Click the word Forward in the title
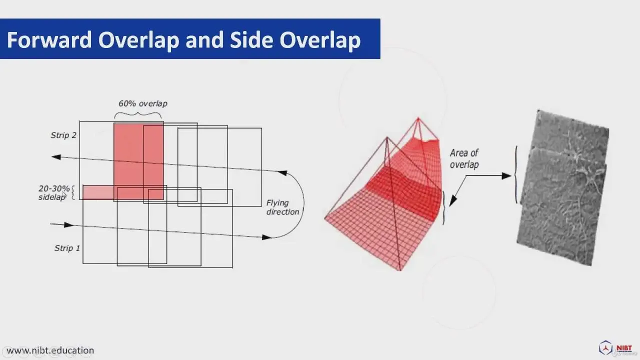pos(49,39)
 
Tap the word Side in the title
pos(248,39)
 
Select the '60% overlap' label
pos(143,103)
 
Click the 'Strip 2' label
pos(63,135)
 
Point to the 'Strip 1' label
pos(67,248)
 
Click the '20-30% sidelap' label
pos(53,192)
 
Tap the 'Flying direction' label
pos(282,207)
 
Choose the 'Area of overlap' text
pos(464,159)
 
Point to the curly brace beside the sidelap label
pos(72,192)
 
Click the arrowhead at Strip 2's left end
pos(56,157)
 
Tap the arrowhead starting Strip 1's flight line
pos(68,225)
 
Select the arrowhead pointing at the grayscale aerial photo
pos(506,175)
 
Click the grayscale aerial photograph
pos(563,187)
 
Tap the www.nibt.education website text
pos(50,350)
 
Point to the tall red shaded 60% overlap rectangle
pos(138,161)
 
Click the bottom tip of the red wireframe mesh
pos(399,270)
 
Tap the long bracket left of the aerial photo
pos(516,175)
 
